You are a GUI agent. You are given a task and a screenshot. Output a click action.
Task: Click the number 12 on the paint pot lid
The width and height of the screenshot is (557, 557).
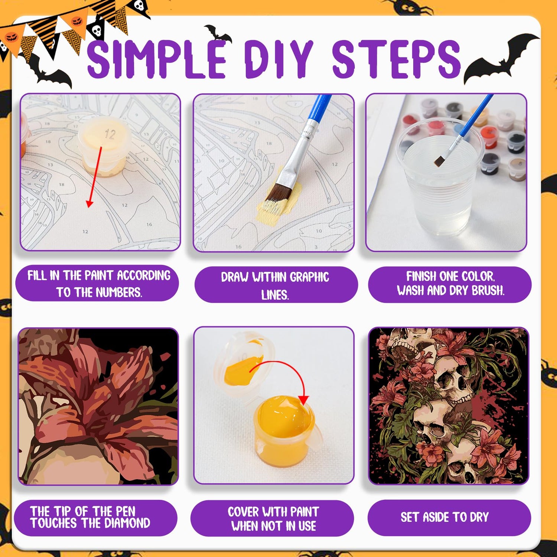[x=110, y=134]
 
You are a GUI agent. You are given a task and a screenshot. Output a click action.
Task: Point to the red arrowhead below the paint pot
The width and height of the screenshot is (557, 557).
[x=89, y=203]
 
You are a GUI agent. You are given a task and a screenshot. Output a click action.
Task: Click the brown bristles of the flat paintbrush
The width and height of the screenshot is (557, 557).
[x=280, y=192]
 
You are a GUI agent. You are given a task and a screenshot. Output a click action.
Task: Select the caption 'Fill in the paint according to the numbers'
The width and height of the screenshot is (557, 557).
[x=98, y=284]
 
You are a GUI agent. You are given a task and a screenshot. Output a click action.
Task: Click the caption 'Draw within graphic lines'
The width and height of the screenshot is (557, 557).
[x=275, y=285]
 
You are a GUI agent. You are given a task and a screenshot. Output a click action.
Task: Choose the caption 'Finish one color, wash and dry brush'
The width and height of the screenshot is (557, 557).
[x=450, y=284]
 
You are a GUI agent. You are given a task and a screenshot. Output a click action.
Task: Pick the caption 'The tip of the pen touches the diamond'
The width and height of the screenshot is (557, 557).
[x=90, y=517]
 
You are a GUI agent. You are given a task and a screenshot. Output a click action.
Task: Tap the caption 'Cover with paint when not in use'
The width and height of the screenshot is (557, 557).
[x=273, y=518]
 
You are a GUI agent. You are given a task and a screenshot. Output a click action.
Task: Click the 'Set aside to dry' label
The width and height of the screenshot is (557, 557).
[x=444, y=517]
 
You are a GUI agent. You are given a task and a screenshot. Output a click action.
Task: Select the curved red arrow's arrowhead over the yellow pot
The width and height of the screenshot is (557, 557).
[x=303, y=400]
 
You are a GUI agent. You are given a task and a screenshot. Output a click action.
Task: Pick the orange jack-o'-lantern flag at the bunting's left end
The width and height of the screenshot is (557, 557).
[x=13, y=39]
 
